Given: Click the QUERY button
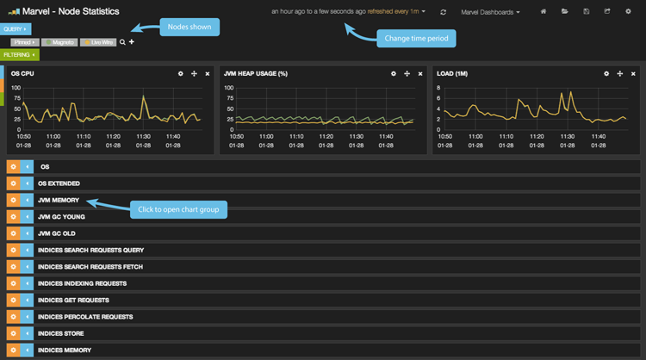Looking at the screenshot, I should (x=16, y=29).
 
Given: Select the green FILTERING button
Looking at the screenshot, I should (x=20, y=54).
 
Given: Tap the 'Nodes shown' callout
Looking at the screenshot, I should (x=190, y=27).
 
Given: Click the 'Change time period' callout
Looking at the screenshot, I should (x=416, y=38).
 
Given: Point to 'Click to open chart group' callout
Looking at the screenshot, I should (x=177, y=208).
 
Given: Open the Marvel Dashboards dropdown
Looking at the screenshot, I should (x=490, y=12).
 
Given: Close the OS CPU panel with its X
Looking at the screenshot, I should (x=208, y=74).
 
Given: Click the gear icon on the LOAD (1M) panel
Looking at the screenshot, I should (x=606, y=74).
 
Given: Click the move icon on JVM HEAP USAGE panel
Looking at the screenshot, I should (x=407, y=74).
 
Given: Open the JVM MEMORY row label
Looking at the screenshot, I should (x=59, y=200).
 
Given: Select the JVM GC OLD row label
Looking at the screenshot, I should (x=57, y=233).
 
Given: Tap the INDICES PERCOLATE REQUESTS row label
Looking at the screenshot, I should (x=85, y=317).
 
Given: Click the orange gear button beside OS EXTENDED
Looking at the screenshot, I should (x=12, y=183).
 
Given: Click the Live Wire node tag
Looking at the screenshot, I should (x=97, y=41).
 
